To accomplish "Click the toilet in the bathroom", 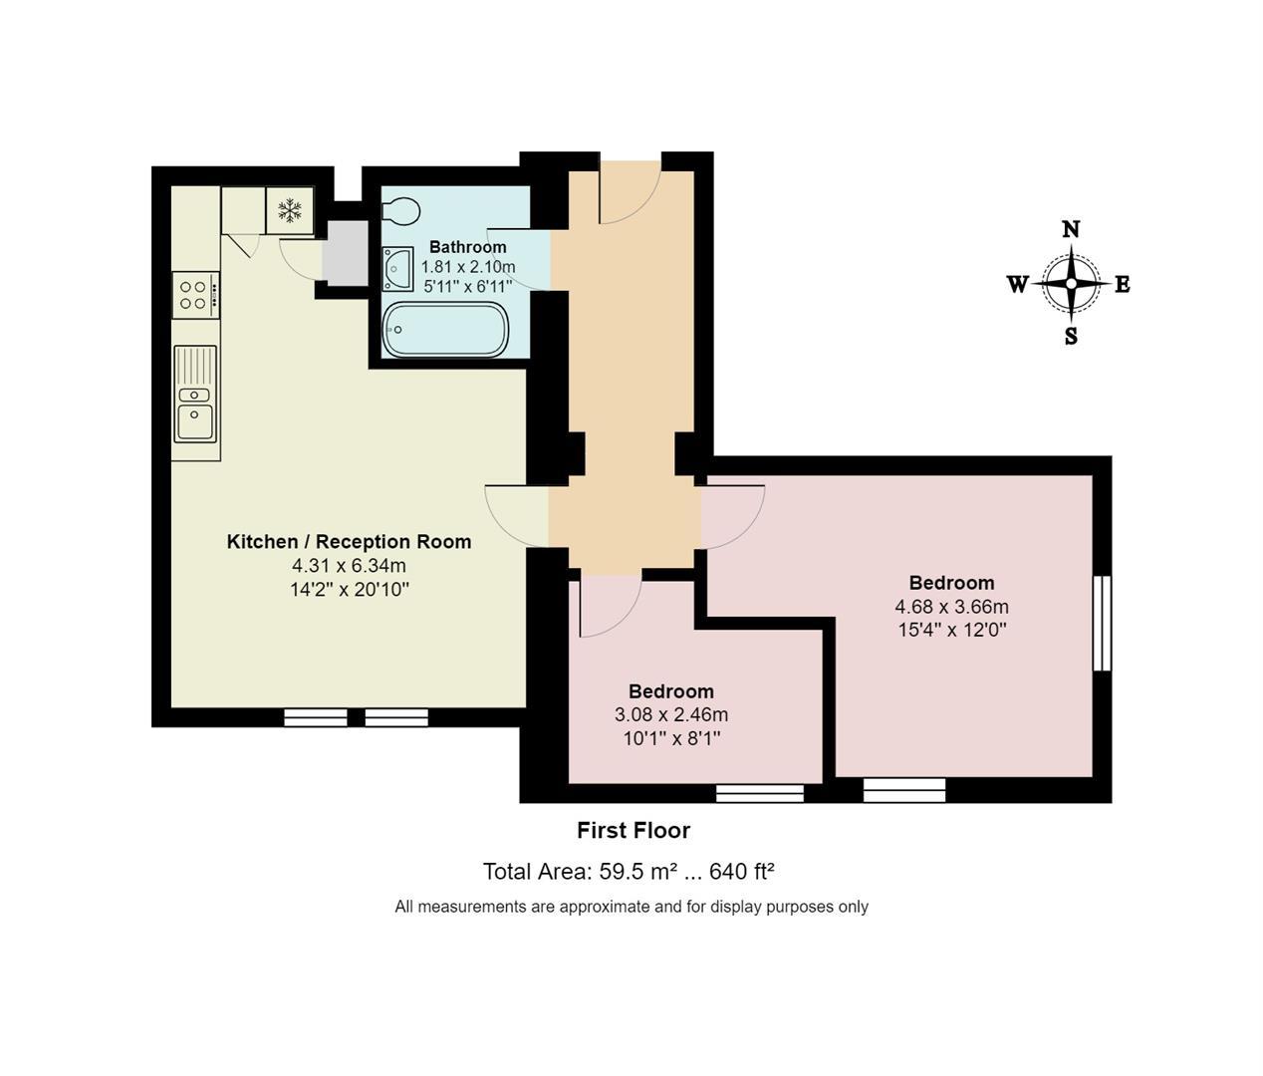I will (x=400, y=211).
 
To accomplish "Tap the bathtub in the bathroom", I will (x=445, y=329).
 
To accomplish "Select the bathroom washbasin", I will (x=397, y=268).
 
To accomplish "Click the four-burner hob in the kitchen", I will (x=194, y=295).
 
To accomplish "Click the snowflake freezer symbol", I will (x=290, y=210).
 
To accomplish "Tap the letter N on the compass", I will (x=1071, y=229).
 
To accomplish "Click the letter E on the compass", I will (x=1123, y=285).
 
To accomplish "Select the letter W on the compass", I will (x=1017, y=285).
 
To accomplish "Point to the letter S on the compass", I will (x=1071, y=337).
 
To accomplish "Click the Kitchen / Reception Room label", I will (x=349, y=542).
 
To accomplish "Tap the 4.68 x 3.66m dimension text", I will (x=951, y=607).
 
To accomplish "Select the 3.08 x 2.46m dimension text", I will (x=670, y=715).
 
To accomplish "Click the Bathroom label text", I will (x=467, y=247).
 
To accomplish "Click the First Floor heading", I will (x=633, y=831).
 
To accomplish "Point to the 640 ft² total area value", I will (x=742, y=873).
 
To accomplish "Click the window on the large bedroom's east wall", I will (x=1102, y=624).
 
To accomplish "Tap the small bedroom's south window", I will (x=760, y=793).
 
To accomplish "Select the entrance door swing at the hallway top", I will (x=629, y=191).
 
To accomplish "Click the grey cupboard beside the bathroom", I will (x=346, y=255).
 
